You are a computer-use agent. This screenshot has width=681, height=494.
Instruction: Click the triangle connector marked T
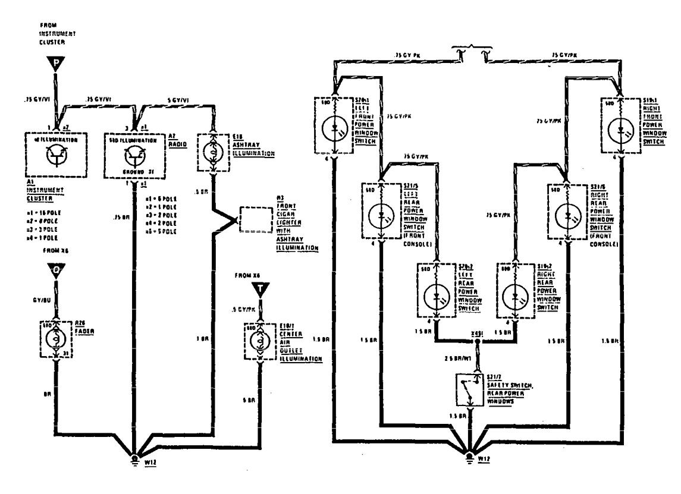[x=260, y=290]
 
